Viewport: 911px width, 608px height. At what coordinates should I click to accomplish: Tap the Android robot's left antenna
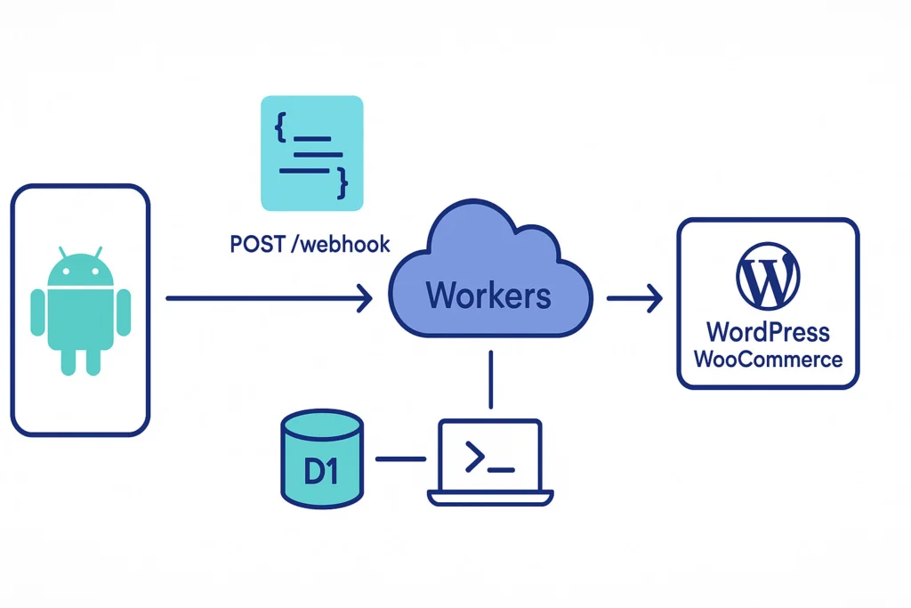(61, 252)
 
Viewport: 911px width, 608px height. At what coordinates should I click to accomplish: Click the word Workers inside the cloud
(488, 295)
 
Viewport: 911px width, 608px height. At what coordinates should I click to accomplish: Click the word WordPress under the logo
(767, 333)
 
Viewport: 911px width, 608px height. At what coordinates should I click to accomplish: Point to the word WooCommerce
(767, 360)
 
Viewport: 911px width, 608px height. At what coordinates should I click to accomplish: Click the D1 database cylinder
(321, 458)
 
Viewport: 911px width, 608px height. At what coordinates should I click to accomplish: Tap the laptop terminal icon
(490, 461)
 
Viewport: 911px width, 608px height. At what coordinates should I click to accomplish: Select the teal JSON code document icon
(311, 152)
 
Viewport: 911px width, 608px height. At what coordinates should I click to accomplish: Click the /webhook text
(341, 244)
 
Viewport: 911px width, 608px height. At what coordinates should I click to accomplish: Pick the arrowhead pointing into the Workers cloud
(365, 299)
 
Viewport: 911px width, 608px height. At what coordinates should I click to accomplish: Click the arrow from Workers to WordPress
(635, 299)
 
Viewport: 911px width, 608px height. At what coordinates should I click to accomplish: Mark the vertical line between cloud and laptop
(490, 379)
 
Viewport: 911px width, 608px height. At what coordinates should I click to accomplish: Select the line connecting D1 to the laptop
(400, 459)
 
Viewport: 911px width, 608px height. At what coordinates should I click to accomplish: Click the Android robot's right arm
(124, 312)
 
